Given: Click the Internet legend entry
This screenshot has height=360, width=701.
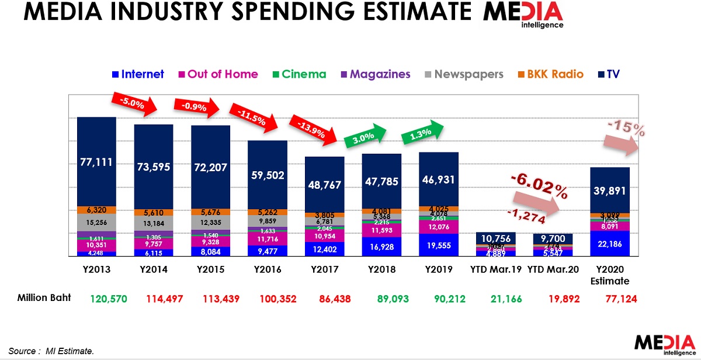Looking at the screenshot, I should (x=138, y=74).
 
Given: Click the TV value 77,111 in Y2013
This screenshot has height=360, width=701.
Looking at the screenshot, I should (x=96, y=162).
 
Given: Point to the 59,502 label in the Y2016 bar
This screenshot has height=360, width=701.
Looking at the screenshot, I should (x=268, y=174).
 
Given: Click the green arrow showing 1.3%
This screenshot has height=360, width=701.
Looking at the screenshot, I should (x=420, y=133).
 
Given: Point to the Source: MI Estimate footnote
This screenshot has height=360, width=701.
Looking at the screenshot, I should (x=51, y=351).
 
